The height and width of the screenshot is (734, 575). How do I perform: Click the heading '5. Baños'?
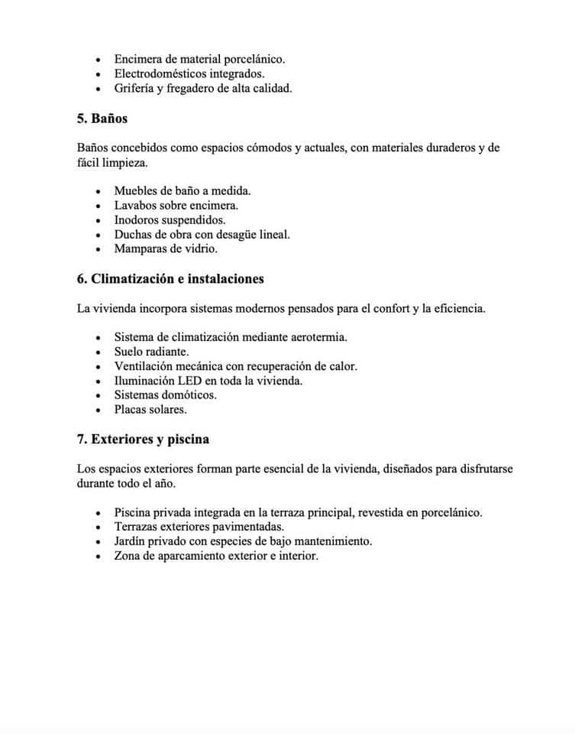[x=102, y=119]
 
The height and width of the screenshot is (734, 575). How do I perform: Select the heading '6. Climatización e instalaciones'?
[x=170, y=278]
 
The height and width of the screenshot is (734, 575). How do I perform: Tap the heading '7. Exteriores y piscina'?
[x=143, y=440]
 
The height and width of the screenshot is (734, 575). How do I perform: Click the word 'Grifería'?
[x=134, y=88]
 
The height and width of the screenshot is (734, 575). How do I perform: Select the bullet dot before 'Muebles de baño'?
[x=98, y=191]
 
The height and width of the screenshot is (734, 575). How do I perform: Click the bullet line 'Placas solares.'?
[x=150, y=410]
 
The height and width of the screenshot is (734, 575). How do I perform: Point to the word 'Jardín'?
[x=131, y=542]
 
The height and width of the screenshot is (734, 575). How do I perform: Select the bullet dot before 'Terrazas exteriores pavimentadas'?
[x=98, y=528]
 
